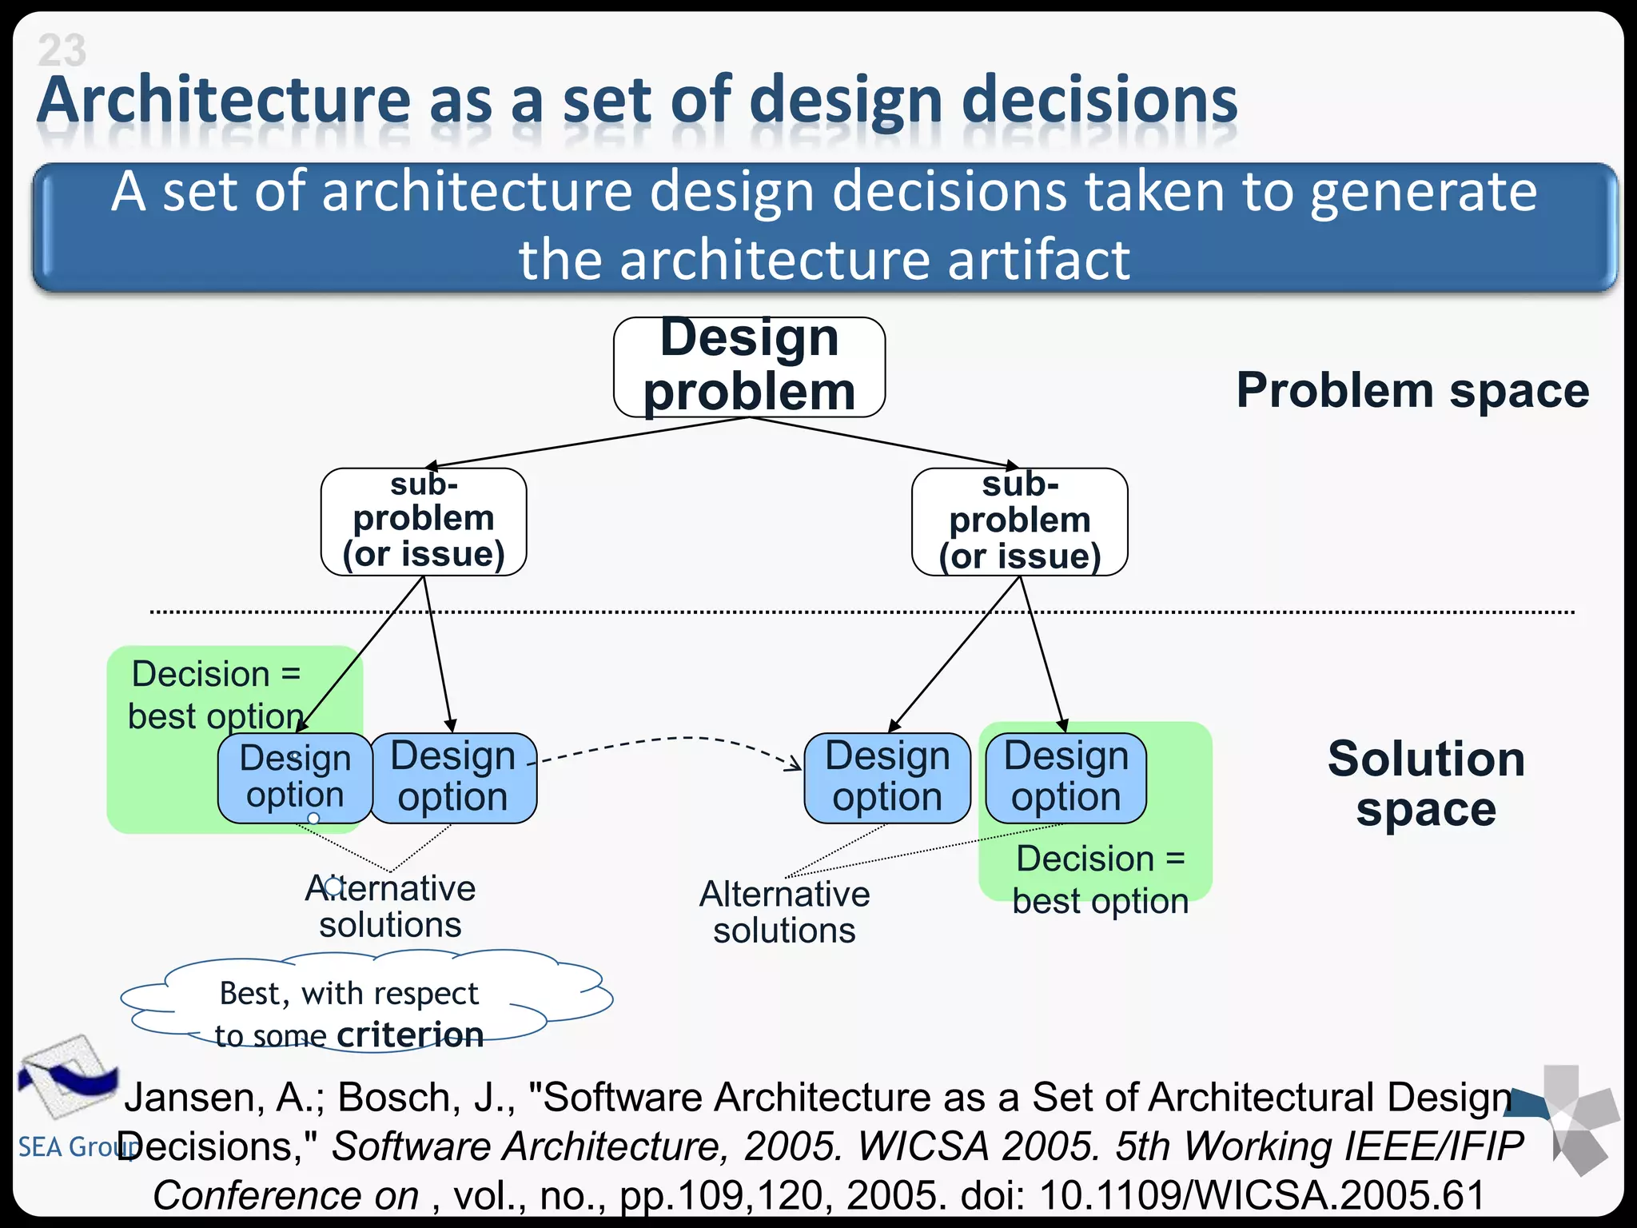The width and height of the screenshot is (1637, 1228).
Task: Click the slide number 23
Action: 62,50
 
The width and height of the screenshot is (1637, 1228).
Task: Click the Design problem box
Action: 749,366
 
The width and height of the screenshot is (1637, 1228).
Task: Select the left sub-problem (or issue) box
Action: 424,521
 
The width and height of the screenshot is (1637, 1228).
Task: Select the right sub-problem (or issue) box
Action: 1019,521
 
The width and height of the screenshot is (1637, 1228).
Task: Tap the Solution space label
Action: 1426,783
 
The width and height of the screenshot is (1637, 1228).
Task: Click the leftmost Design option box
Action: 295,777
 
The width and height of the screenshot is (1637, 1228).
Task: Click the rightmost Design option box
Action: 1065,777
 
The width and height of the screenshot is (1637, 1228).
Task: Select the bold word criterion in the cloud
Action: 410,1035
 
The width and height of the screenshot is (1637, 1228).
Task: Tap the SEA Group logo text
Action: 68,1146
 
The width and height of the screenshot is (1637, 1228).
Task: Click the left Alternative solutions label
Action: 390,907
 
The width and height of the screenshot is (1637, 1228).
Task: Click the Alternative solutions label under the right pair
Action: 784,912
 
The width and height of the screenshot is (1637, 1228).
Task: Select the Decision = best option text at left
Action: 216,695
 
